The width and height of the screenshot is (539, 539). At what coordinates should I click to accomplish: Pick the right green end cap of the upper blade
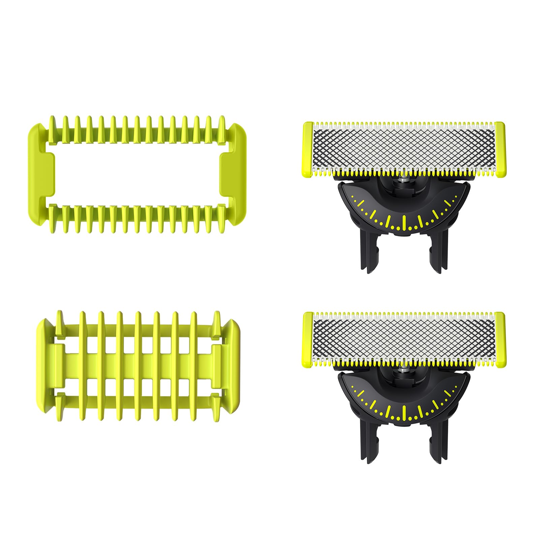click(500, 149)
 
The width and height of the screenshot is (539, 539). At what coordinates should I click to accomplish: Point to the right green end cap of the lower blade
click(500, 339)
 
